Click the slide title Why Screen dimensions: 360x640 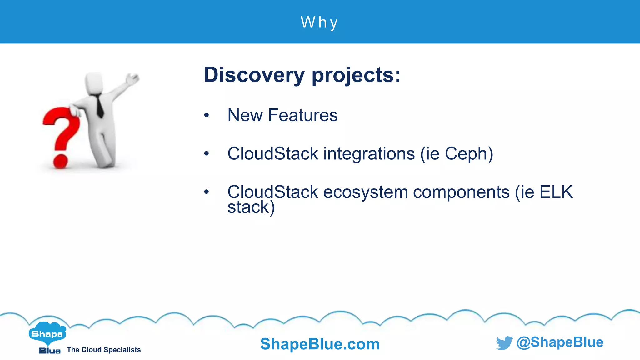319,22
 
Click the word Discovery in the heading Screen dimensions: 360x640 254,75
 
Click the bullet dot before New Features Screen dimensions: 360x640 206,115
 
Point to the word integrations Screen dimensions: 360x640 369,154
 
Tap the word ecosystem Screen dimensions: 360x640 365,192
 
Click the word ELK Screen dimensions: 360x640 556,192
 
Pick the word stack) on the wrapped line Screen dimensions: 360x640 251,207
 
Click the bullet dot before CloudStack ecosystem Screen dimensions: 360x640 206,192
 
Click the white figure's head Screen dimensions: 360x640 94,83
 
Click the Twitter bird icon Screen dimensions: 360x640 504,343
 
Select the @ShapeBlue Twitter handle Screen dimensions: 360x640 560,342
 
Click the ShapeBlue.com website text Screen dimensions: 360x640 320,344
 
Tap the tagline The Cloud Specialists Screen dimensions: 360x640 104,350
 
